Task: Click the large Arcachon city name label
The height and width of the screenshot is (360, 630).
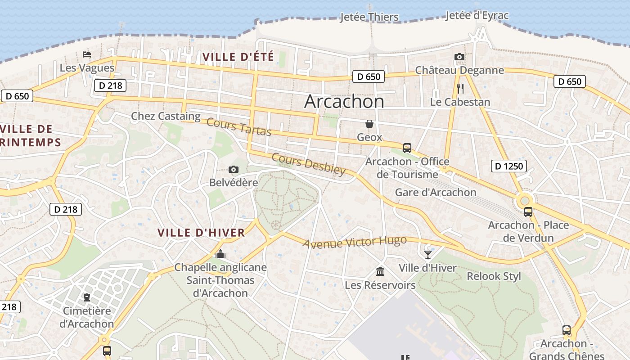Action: (x=344, y=102)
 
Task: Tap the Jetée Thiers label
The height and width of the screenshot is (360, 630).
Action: (x=369, y=17)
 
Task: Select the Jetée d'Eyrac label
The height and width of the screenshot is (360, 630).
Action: (x=477, y=16)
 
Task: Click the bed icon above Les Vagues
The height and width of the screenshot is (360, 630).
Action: (x=87, y=54)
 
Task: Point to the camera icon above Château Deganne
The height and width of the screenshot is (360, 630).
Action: (x=459, y=57)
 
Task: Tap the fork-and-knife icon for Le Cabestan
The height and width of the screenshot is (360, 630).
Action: (x=460, y=88)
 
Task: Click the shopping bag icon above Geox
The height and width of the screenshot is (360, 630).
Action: (x=369, y=124)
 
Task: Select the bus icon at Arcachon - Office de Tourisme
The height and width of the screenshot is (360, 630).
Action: (x=407, y=148)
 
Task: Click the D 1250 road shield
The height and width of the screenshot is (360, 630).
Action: (x=509, y=166)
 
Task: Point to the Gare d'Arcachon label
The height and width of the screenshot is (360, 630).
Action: (x=435, y=192)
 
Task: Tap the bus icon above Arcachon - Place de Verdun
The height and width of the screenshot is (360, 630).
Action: (x=528, y=211)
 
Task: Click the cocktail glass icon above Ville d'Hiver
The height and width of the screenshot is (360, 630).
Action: (x=427, y=255)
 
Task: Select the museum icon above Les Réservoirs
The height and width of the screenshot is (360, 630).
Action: (x=380, y=271)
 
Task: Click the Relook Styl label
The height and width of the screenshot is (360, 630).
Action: (x=494, y=276)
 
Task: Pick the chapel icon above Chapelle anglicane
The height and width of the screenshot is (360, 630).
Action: (x=220, y=254)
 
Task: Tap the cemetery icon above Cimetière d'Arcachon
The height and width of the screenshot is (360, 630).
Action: (x=86, y=297)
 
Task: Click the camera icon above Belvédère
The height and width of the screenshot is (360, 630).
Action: (x=233, y=170)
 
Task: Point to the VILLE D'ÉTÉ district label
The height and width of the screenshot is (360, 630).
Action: (x=238, y=57)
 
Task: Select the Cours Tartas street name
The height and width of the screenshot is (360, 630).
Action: (x=239, y=127)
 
